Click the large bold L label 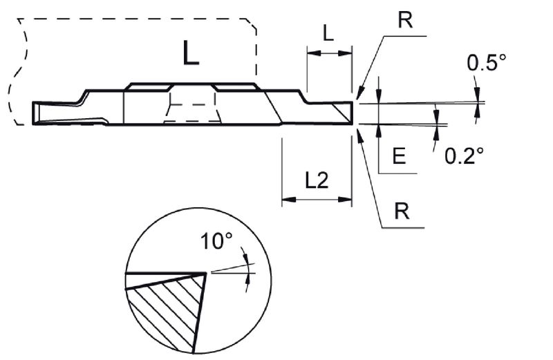click(x=191, y=53)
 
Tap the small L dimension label click(x=328, y=33)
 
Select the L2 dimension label click(x=317, y=180)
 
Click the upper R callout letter click(x=405, y=20)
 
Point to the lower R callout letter click(x=402, y=211)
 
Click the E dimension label click(x=399, y=156)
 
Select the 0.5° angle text click(x=487, y=62)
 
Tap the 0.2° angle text click(x=464, y=155)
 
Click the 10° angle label click(x=216, y=242)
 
